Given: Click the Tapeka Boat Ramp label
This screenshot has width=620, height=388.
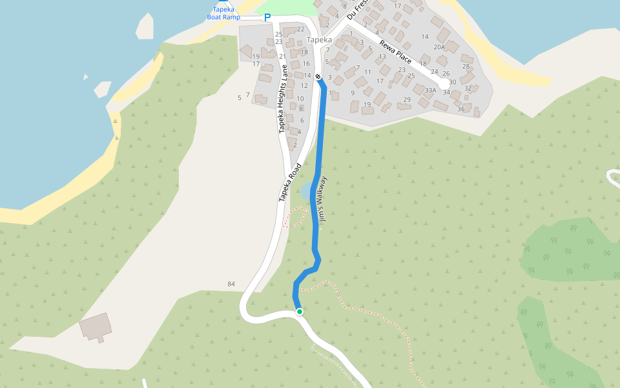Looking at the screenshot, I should coord(223,13).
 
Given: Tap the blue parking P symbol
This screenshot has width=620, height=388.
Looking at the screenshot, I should coord(267,17).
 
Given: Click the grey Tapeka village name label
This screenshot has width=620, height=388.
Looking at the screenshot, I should coord(320,39).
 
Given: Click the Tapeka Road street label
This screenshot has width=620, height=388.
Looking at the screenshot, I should coord(291,183).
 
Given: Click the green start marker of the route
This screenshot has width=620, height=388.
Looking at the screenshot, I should coord(300,312).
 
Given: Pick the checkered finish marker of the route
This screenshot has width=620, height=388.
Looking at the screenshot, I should coord(318,77).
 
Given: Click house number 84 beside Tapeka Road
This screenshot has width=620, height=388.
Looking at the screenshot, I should coord(231,285).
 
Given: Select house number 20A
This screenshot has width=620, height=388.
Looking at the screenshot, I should coord(439,47).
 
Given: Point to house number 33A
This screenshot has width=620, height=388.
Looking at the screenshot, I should coord(431,90).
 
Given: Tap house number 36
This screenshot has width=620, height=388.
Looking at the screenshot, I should coord(460,109).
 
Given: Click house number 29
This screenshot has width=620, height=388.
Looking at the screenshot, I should coord(407,100).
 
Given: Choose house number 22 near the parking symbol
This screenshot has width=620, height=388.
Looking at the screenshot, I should coord(300,29).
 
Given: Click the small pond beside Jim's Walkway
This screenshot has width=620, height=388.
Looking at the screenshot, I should coord(305,191).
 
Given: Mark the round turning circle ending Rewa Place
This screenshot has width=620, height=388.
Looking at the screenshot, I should coord(444,84).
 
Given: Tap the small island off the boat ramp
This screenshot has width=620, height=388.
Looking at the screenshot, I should coord(145,26).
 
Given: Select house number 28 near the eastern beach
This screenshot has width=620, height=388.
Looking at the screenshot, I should coord(466,67).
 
